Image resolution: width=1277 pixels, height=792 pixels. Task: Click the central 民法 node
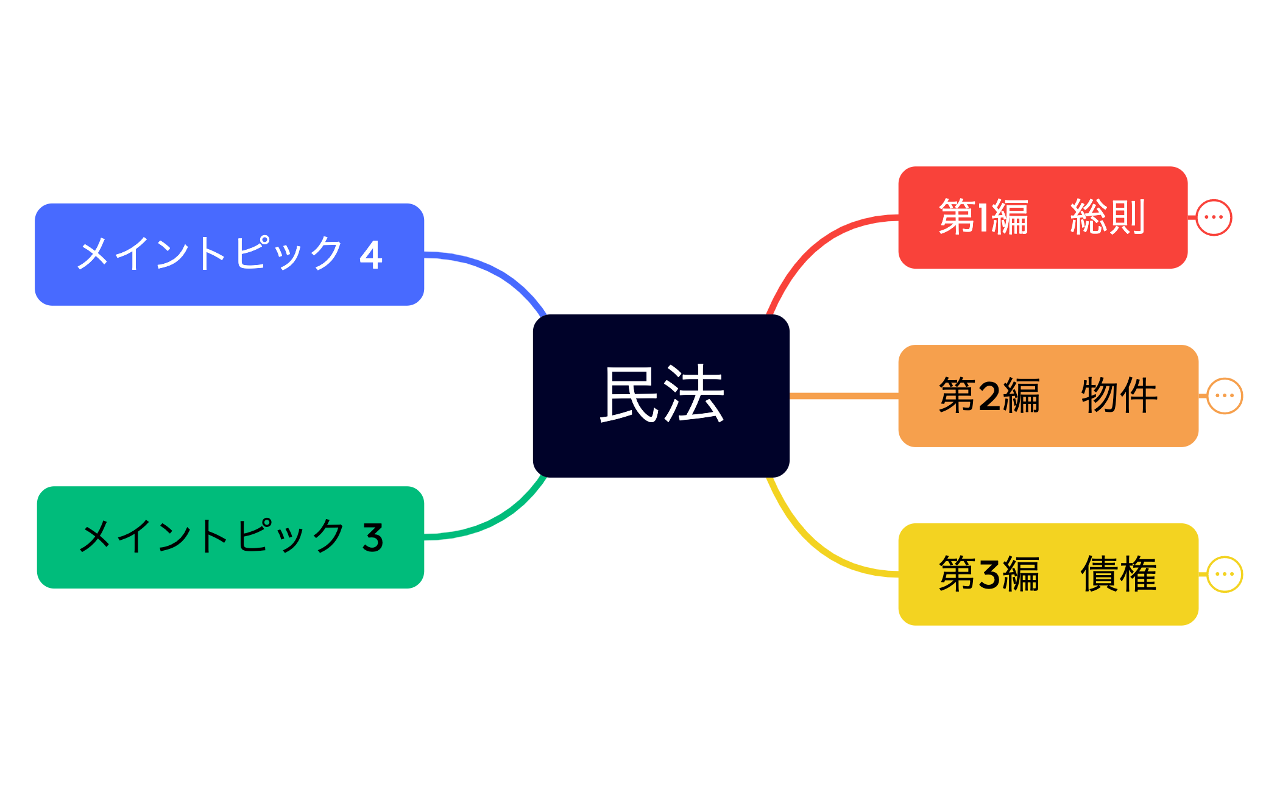click(661, 396)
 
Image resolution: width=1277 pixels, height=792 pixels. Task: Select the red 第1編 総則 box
click(1042, 217)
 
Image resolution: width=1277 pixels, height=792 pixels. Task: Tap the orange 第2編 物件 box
click(1048, 396)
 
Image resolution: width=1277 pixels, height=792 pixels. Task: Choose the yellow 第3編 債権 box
click(1048, 575)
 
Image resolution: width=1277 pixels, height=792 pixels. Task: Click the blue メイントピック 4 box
click(229, 255)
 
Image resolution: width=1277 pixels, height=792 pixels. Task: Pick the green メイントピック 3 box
click(230, 537)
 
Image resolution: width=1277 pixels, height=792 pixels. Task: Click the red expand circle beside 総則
click(1214, 217)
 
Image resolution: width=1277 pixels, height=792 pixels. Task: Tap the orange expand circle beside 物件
click(1225, 396)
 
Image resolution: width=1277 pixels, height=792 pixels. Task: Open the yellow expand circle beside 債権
click(1225, 575)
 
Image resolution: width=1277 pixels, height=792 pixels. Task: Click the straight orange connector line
click(844, 396)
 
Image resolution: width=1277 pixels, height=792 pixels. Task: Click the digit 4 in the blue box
click(371, 255)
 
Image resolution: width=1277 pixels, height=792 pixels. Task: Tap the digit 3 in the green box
click(373, 538)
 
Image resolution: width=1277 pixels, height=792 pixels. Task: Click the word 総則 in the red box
click(1108, 217)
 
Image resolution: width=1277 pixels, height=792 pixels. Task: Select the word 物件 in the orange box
click(1119, 396)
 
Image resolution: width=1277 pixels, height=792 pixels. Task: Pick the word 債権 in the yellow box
click(1119, 575)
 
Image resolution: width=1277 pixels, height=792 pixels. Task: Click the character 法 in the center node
click(694, 395)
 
